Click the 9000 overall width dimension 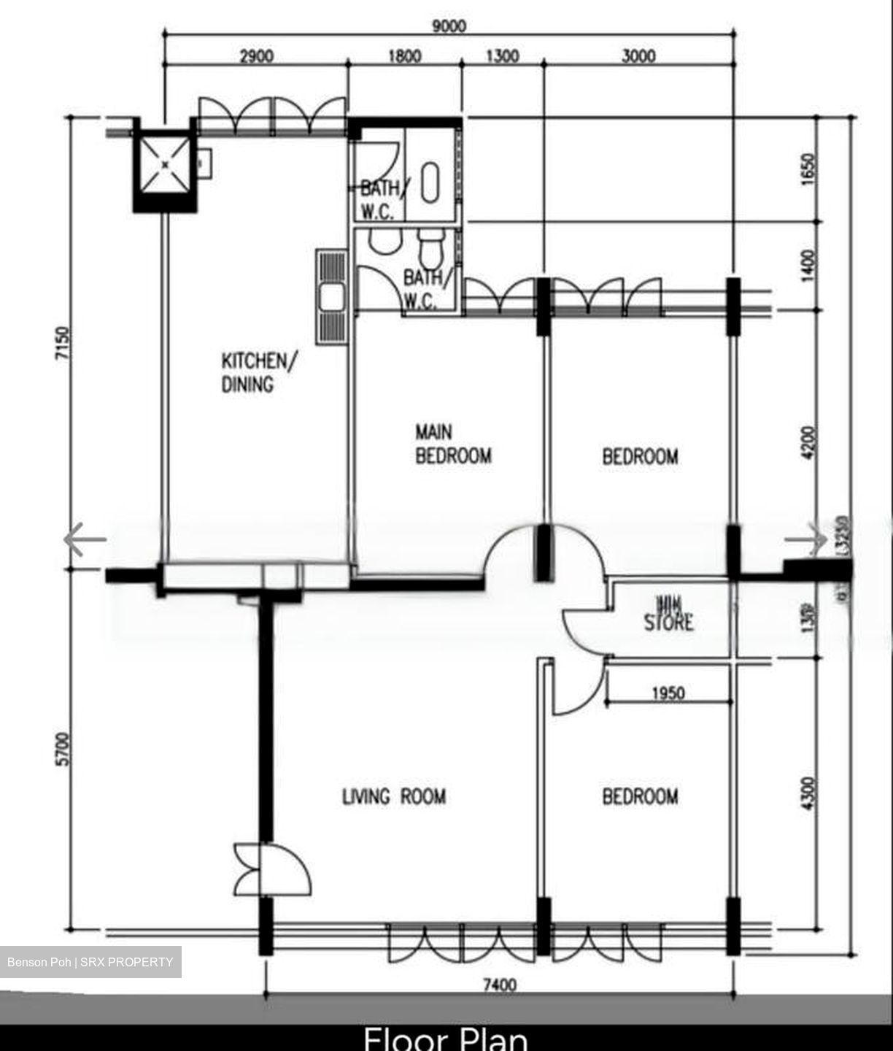tap(449, 26)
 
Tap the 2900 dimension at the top tap(256, 56)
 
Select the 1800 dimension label tap(403, 56)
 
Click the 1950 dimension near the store tap(668, 693)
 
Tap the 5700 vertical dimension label tap(63, 749)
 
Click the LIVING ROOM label tap(394, 796)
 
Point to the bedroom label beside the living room tap(640, 796)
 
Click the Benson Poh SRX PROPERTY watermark tap(90, 962)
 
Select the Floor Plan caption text tap(445, 1038)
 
